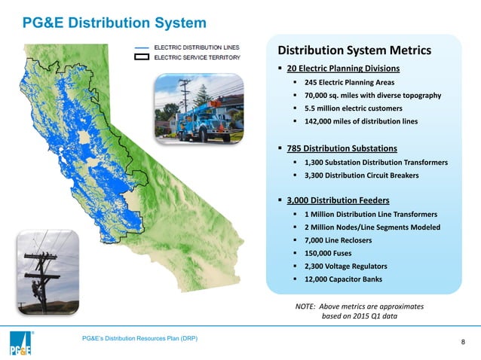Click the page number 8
coord(462,343)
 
